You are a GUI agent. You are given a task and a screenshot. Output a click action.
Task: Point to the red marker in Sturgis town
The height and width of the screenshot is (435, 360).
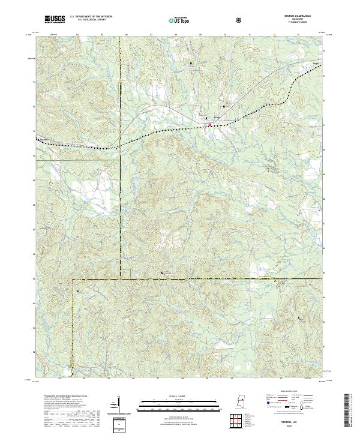[x=210, y=125]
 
